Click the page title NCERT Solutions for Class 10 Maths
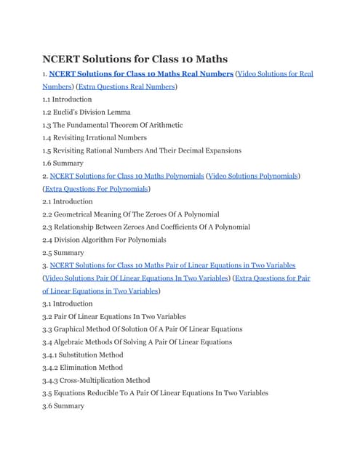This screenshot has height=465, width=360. (x=135, y=58)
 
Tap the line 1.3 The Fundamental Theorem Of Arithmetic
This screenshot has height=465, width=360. (x=113, y=125)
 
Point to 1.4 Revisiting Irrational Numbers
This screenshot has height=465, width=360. (x=95, y=137)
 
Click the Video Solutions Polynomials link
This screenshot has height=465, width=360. (x=254, y=176)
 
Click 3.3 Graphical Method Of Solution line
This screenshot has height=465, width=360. (x=143, y=329)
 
